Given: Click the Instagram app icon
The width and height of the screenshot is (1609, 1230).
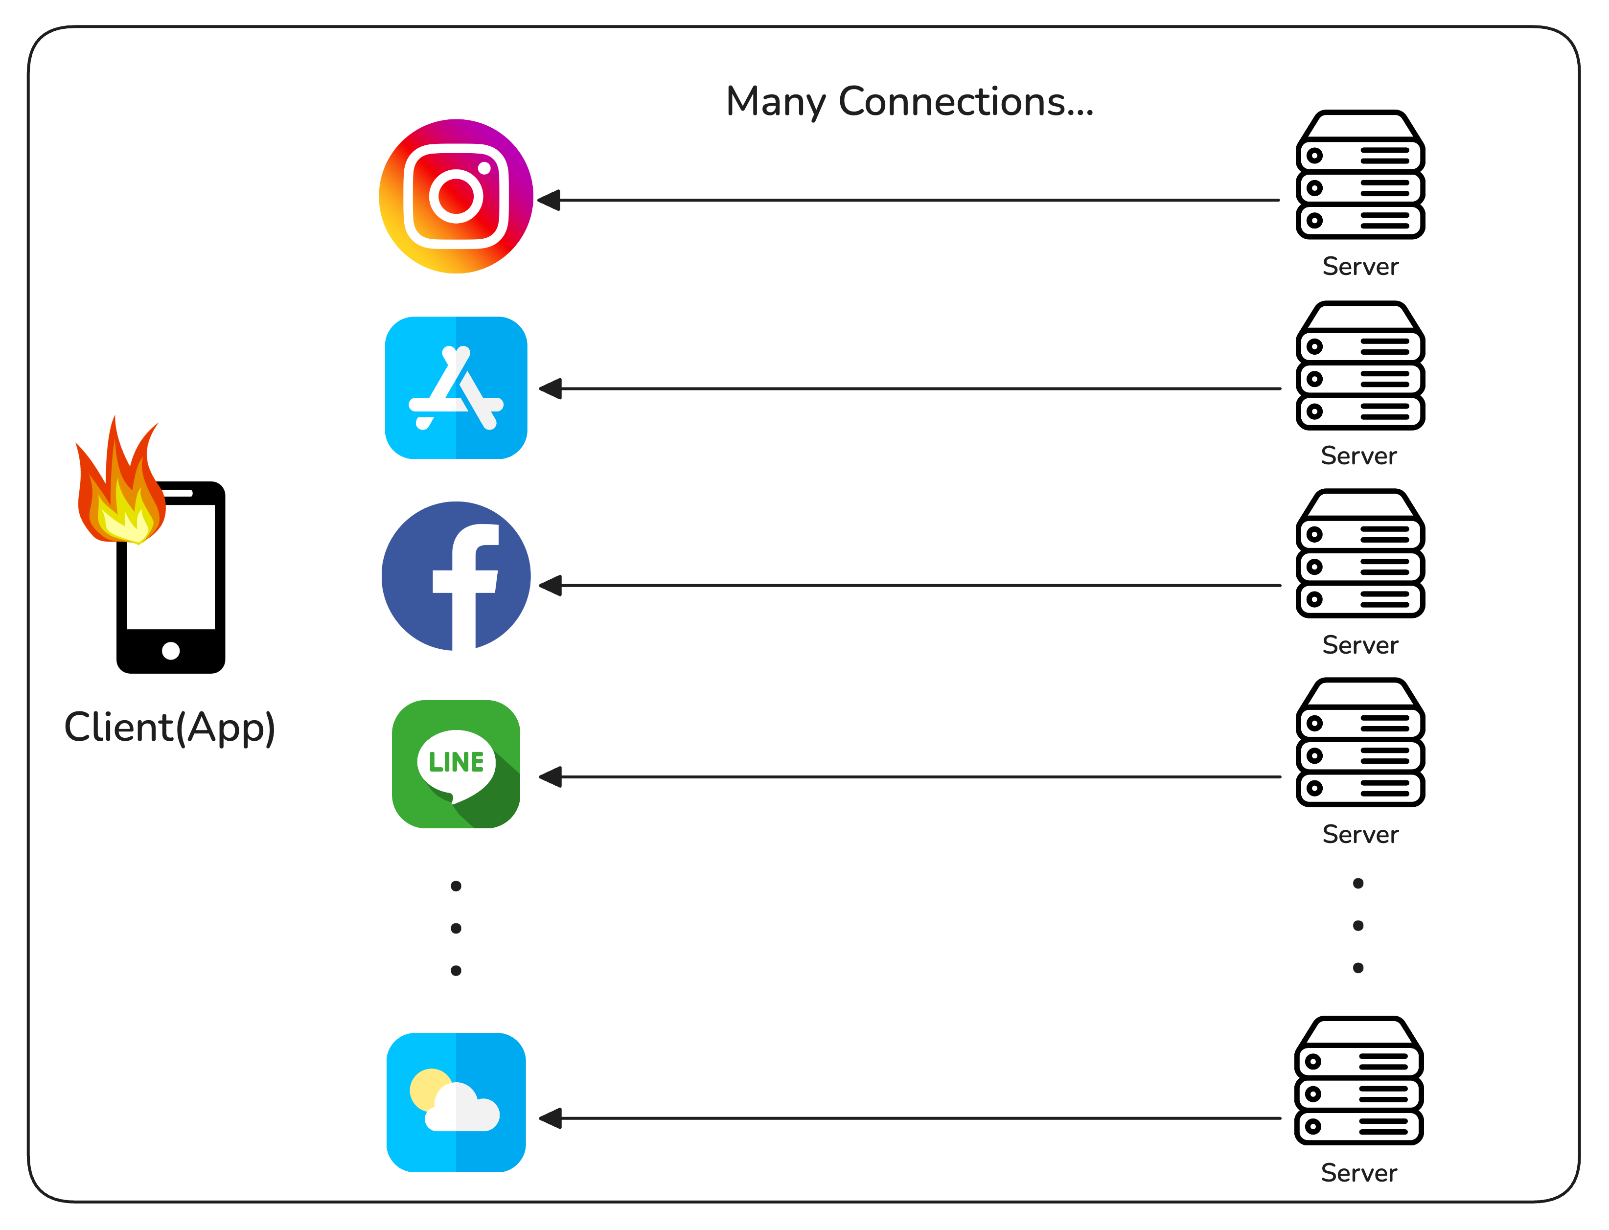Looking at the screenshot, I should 456,196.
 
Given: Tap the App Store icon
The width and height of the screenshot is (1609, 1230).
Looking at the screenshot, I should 456,387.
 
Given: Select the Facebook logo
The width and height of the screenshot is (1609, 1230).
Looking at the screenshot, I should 456,576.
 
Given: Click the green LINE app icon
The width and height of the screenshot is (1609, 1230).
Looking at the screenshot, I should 456,764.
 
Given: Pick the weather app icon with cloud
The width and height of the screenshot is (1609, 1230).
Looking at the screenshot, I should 456,1102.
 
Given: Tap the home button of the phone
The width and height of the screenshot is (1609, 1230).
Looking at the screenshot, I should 171,650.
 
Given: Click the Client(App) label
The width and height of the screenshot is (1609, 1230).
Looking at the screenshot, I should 170,728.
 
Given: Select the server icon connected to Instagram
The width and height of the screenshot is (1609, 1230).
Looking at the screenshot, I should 1359,176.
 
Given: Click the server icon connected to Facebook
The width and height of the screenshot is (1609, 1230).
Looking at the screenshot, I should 1359,554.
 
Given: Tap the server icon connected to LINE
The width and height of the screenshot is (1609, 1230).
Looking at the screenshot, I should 1359,743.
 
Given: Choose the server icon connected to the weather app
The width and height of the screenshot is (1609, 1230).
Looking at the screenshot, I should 1358,1081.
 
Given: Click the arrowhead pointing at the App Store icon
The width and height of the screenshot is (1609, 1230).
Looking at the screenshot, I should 551,389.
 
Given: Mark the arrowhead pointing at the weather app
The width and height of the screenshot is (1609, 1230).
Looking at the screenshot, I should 551,1118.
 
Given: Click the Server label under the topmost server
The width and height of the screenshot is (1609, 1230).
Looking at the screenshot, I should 1360,267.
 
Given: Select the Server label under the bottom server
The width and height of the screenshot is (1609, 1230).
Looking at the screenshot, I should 1358,1173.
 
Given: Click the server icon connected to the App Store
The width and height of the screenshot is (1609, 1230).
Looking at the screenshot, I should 1359,366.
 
